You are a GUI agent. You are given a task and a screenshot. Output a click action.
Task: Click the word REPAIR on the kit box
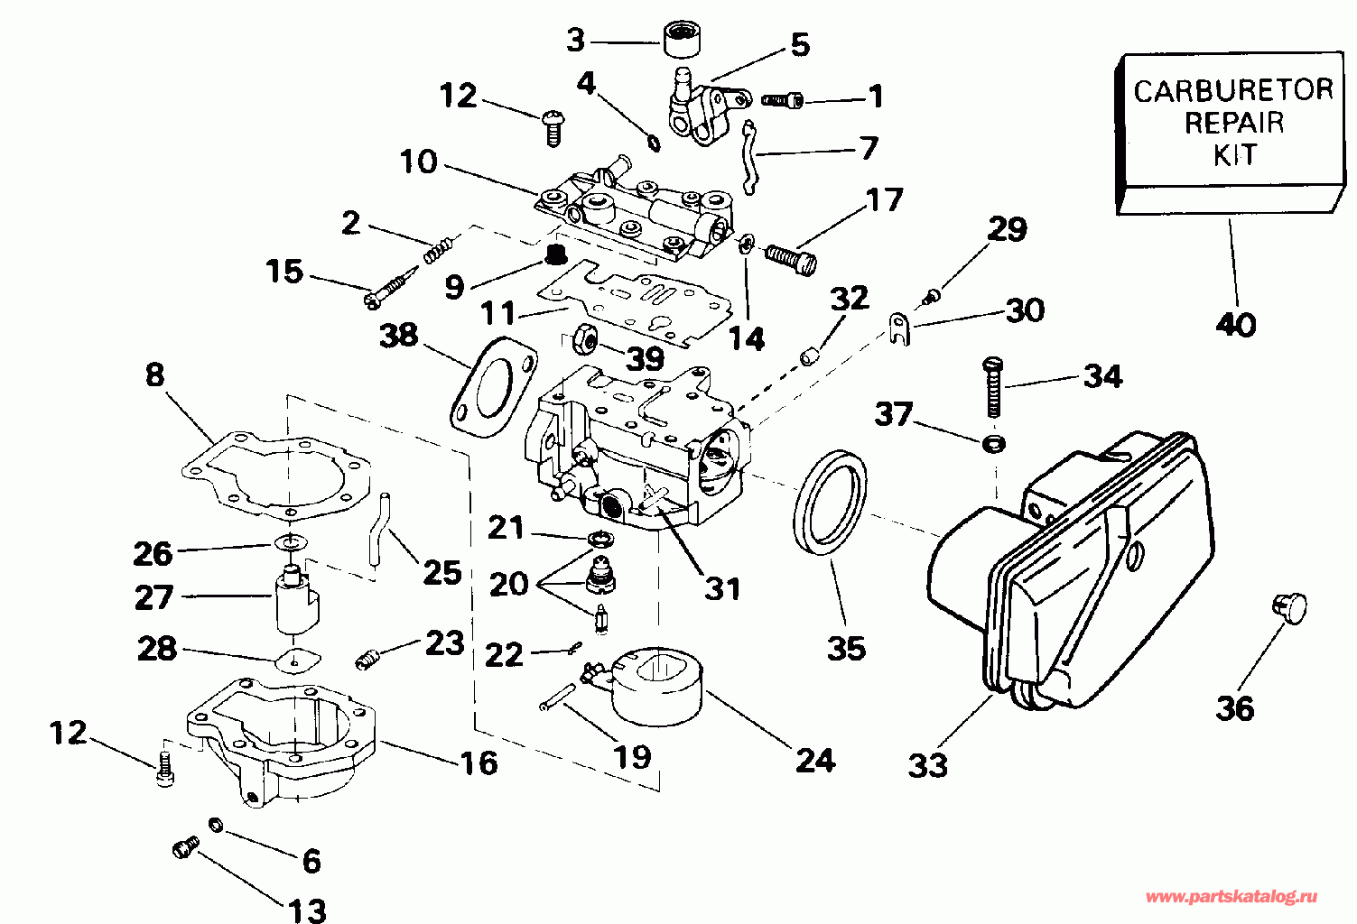1234,123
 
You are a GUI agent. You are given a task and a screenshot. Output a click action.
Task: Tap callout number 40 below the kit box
1236,325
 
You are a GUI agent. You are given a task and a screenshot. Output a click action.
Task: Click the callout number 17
885,199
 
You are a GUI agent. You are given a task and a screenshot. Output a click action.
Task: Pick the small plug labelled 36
1289,608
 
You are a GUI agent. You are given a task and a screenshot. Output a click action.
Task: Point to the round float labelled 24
657,687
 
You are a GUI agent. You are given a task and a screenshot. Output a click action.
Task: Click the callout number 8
155,375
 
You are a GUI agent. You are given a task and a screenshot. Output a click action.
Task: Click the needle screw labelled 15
392,288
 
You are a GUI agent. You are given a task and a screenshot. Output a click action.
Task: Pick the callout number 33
927,765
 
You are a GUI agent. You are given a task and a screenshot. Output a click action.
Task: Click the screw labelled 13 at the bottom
186,846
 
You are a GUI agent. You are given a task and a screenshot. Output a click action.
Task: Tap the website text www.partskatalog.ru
1232,897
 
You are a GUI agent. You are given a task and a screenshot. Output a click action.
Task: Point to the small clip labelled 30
900,328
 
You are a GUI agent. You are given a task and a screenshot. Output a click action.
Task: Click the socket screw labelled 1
782,100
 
